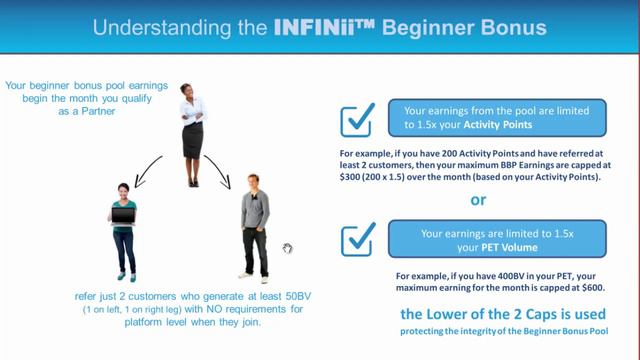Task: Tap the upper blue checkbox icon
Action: click(357, 119)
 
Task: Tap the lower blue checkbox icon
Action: click(357, 240)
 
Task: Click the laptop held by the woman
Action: click(123, 216)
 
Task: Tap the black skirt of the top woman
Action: click(192, 140)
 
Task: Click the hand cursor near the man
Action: click(287, 248)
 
